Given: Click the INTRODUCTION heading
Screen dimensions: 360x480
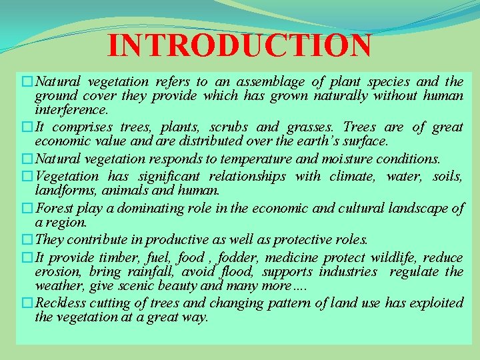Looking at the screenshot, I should coord(239,45).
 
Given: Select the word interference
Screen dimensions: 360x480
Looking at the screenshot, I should coord(71,110).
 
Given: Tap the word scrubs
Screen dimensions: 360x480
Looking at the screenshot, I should coord(229,127).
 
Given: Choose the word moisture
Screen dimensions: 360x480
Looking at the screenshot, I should coord(347,159).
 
